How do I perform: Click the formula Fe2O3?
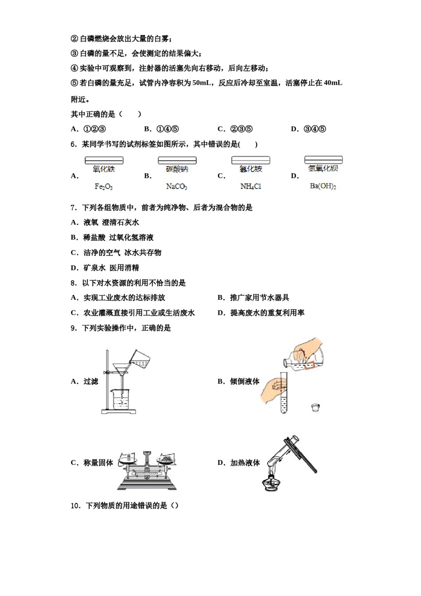(x=104, y=187)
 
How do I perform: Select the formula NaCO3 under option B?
(x=176, y=187)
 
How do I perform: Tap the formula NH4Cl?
(x=250, y=187)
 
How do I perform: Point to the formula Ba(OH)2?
(x=323, y=186)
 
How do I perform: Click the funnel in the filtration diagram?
(x=121, y=369)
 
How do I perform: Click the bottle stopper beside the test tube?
(x=315, y=407)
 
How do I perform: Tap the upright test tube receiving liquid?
(x=284, y=392)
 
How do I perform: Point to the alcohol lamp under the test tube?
(x=271, y=482)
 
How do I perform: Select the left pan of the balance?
(x=128, y=460)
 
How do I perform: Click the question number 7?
(x=74, y=208)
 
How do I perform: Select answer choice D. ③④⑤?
(x=308, y=129)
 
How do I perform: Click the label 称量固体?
(x=98, y=463)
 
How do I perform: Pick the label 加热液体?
(x=245, y=463)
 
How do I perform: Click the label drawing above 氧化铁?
(x=104, y=160)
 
